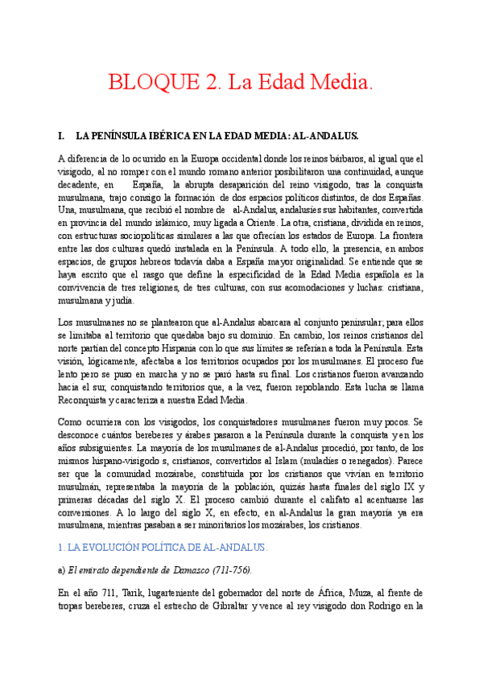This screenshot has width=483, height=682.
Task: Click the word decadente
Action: coord(80,185)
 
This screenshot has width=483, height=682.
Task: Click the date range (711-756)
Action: coord(227,570)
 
